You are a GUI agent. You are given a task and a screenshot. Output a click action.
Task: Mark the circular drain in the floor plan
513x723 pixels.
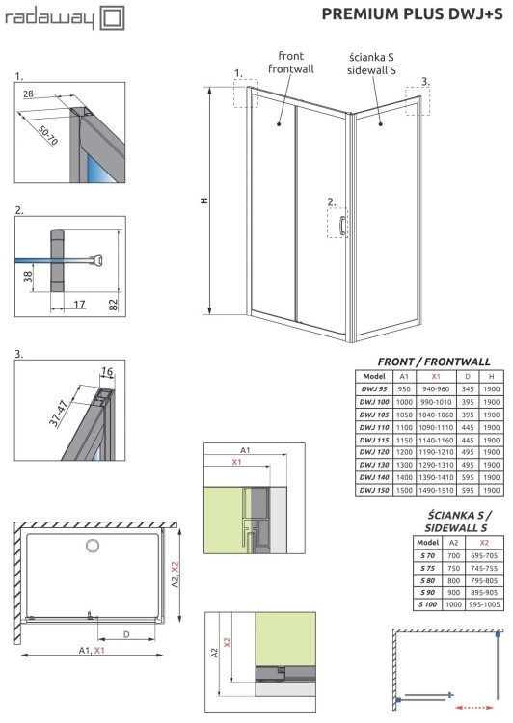coord(93,546)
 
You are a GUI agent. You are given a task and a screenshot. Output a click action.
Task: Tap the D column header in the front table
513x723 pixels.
coord(467,375)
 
